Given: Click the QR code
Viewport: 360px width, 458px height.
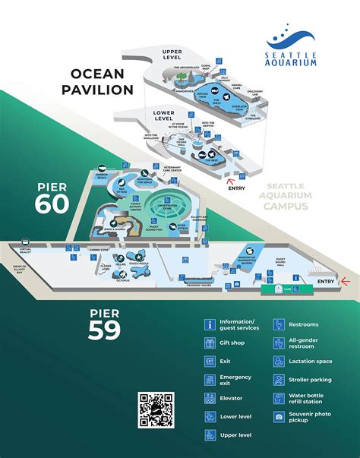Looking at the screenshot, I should [x=156, y=411].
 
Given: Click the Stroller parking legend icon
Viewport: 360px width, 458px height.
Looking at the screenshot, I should [x=279, y=379].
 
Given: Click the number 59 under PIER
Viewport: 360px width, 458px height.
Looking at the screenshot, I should [x=104, y=330].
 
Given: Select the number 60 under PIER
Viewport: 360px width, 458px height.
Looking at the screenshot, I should [x=52, y=204].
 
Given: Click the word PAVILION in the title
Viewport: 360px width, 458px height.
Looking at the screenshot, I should [x=102, y=89].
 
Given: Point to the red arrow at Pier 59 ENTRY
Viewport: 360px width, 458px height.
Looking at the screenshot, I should [x=346, y=281].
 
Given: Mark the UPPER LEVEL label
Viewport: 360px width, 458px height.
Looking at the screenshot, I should [x=172, y=54].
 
